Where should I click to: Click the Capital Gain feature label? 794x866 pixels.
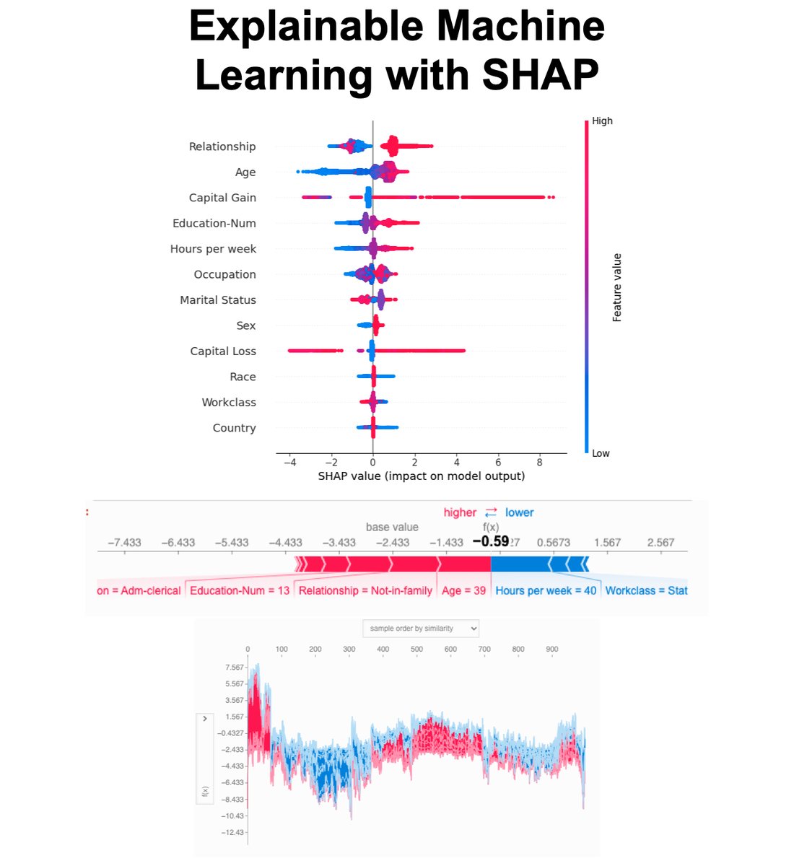pos(222,198)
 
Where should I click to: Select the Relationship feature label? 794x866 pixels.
pos(222,146)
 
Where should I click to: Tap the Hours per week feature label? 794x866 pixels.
pos(213,249)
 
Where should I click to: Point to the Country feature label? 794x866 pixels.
pos(234,428)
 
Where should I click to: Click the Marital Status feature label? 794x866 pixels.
pos(218,300)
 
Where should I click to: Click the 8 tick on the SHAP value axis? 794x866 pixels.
pos(540,462)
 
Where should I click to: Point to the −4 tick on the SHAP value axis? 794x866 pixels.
pos(289,462)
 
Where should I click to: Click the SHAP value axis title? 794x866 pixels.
pos(421,476)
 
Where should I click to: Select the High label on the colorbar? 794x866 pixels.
pos(602,121)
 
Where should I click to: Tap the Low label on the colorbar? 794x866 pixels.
pos(601,453)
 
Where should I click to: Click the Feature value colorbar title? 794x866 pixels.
pos(617,287)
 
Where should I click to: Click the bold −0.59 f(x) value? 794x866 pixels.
pos(491,541)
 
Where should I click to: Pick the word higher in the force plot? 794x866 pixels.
pos(460,512)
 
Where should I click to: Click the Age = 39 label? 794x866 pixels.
pos(464,590)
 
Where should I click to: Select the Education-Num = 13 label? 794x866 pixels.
pos(240,590)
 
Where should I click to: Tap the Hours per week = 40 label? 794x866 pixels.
pos(546,590)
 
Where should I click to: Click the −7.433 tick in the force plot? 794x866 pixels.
pos(124,543)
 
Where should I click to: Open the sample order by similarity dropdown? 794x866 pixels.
pos(421,629)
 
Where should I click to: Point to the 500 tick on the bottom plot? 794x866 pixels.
pos(416,649)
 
